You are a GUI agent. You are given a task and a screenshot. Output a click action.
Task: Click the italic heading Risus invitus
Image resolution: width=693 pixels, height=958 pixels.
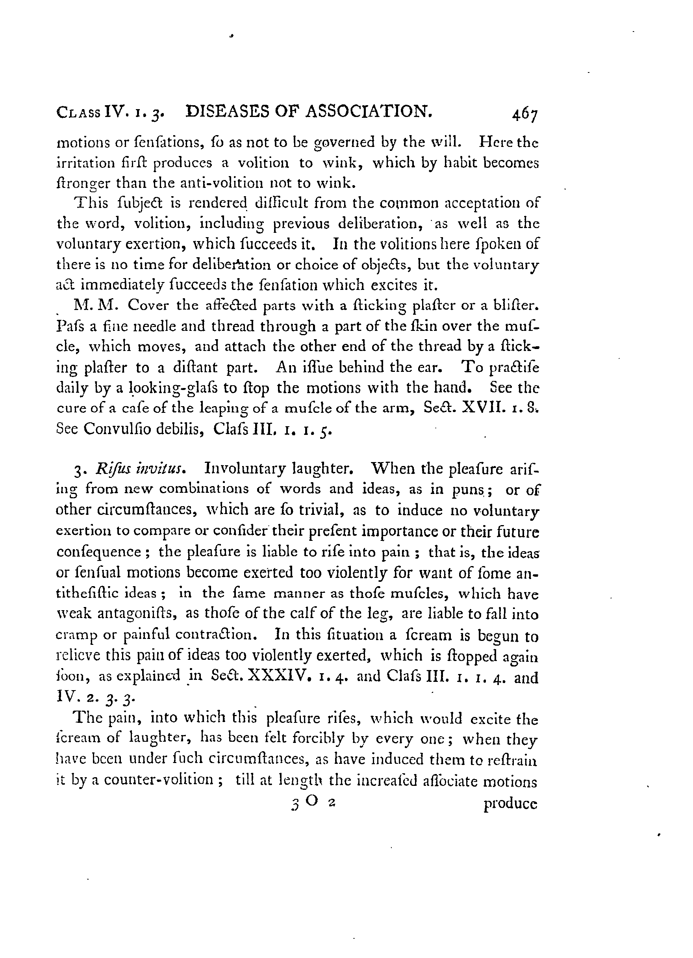139,469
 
